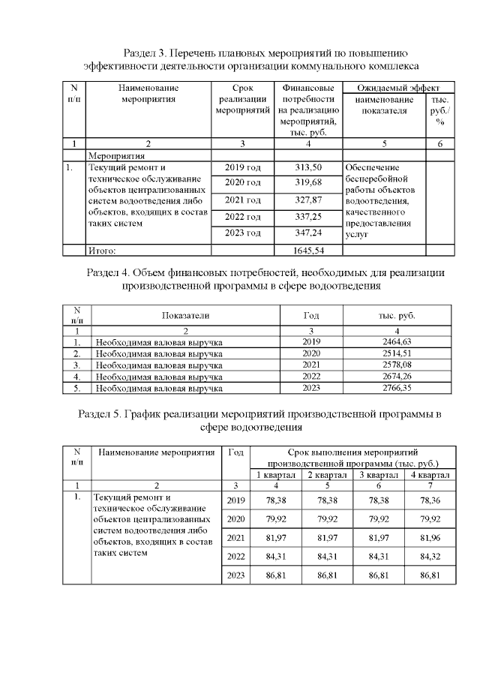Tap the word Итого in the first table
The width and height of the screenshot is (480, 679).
[x=103, y=251]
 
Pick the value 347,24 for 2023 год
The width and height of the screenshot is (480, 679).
[x=308, y=233]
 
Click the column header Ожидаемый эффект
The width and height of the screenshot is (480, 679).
[x=398, y=87]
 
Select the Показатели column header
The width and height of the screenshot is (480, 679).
[x=185, y=315]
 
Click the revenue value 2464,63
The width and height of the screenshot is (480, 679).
[x=397, y=342]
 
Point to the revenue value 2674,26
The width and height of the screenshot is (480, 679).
[x=397, y=377]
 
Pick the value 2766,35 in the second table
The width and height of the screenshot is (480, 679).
[x=397, y=388]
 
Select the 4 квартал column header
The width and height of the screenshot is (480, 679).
[x=430, y=475]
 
